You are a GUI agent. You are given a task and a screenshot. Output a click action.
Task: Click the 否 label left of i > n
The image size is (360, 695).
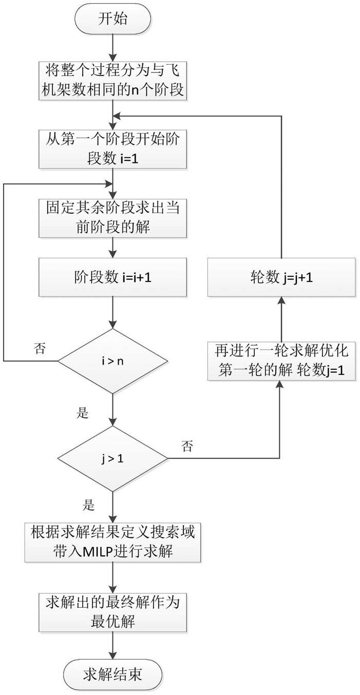(x=39, y=349)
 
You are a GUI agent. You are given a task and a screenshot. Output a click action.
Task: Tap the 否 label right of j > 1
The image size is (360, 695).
(x=188, y=446)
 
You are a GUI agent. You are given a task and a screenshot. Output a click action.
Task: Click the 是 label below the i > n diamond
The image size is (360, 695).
(x=83, y=412)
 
